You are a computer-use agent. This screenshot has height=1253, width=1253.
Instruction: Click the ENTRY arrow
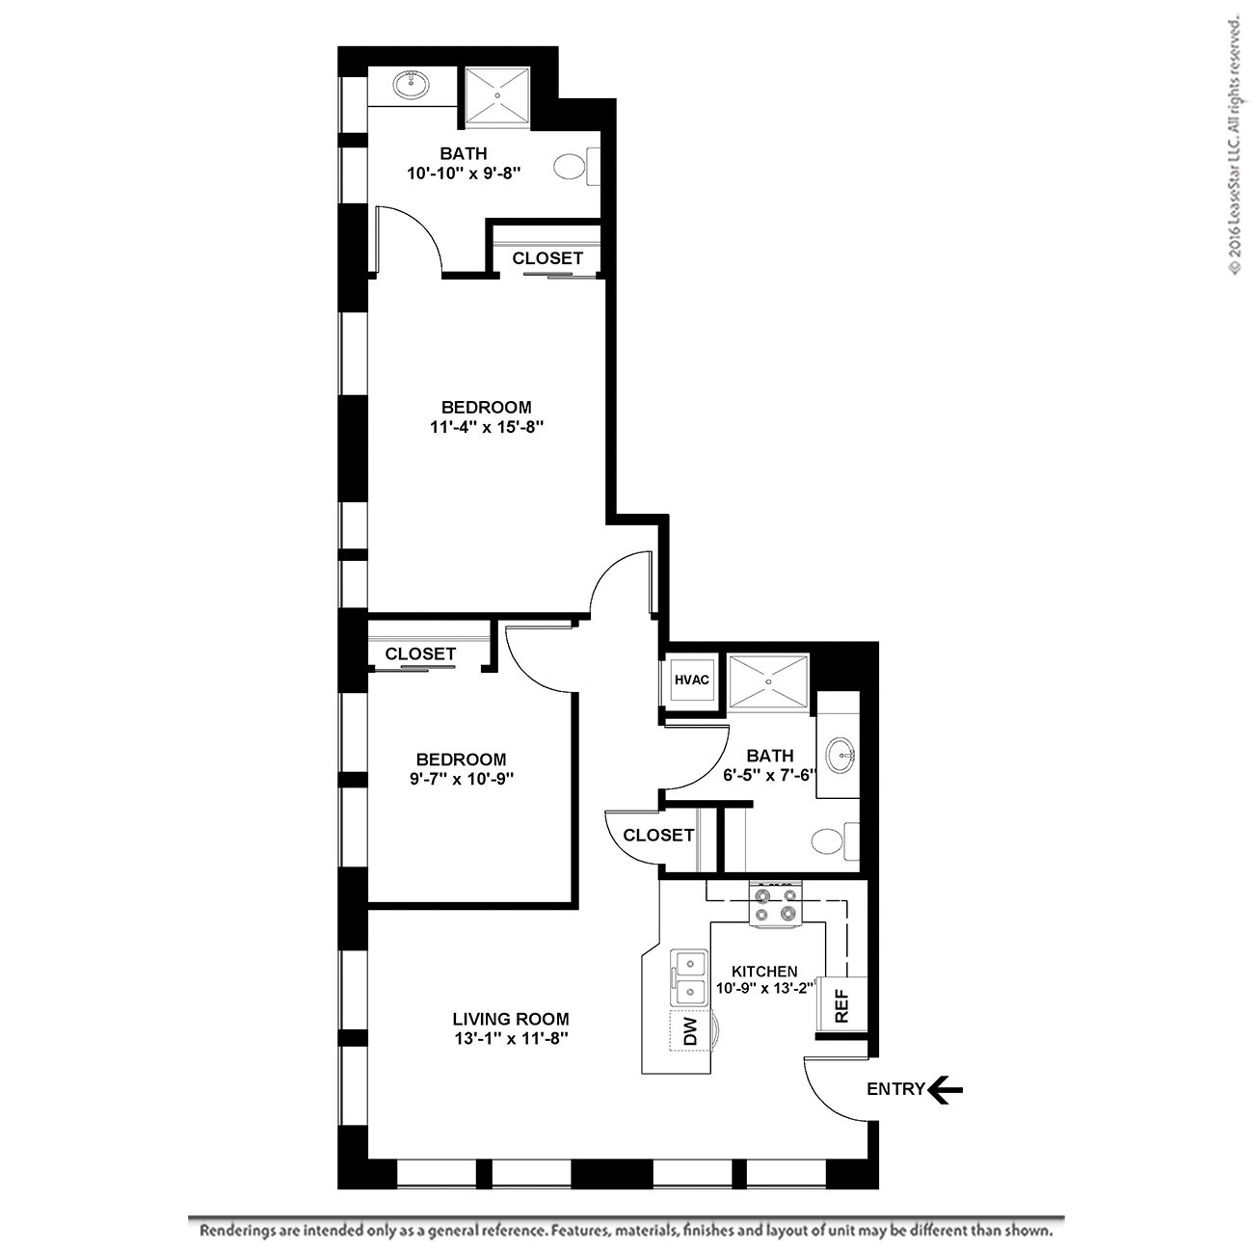coord(945,1090)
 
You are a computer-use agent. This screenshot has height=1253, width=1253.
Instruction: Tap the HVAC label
coord(691,680)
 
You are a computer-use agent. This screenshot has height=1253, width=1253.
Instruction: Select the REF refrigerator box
coord(841,1004)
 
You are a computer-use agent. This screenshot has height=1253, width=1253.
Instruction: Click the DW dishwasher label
coord(690,1031)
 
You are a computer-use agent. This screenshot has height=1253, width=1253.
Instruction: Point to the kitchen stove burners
coord(776,904)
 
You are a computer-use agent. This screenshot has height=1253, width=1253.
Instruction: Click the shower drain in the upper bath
coord(497,94)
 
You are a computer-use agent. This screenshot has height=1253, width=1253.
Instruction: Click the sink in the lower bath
coord(841,756)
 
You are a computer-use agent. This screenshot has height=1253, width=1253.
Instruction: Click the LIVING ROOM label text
coord(511,1019)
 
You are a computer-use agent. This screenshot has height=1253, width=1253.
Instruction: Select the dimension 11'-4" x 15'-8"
coord(487,427)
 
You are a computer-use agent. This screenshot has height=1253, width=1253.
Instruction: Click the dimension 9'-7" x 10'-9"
coord(462,779)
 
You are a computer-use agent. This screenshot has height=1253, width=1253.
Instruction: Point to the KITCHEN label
coord(764,972)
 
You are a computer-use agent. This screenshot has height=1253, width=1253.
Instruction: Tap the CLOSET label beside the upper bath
coord(547,258)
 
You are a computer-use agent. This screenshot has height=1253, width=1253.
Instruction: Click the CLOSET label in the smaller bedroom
coord(420,653)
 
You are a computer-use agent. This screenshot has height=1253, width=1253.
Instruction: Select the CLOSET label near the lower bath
coord(658,835)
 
